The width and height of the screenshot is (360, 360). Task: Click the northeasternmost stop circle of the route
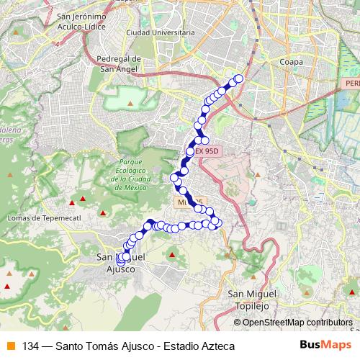(239, 79)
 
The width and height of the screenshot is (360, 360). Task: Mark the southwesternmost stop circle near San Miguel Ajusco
(120, 260)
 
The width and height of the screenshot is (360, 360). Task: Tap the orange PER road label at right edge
(351, 84)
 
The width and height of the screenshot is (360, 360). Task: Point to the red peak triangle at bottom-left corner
(8, 286)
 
